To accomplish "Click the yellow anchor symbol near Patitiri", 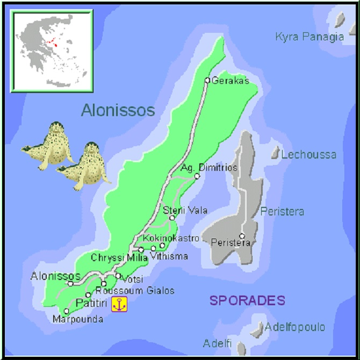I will pos(119,304).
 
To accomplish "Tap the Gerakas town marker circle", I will pos(207,81).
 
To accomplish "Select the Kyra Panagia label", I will pos(309,37).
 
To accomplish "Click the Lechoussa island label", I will pos(309,155).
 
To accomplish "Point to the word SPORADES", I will pos(247,300).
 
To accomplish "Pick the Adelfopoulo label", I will pos(295,327).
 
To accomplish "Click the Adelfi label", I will pos(217,343).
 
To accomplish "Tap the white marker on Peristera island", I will pos(242,236).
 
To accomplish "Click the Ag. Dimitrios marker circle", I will pos(197,176).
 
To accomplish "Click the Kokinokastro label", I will pos(171,237).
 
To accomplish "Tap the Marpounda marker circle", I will pos(67,311).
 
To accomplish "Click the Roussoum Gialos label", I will pos(139,291).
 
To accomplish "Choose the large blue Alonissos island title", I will pos(118,111).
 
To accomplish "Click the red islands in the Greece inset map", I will pos(52,42).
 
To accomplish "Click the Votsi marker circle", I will pos(118,276).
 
